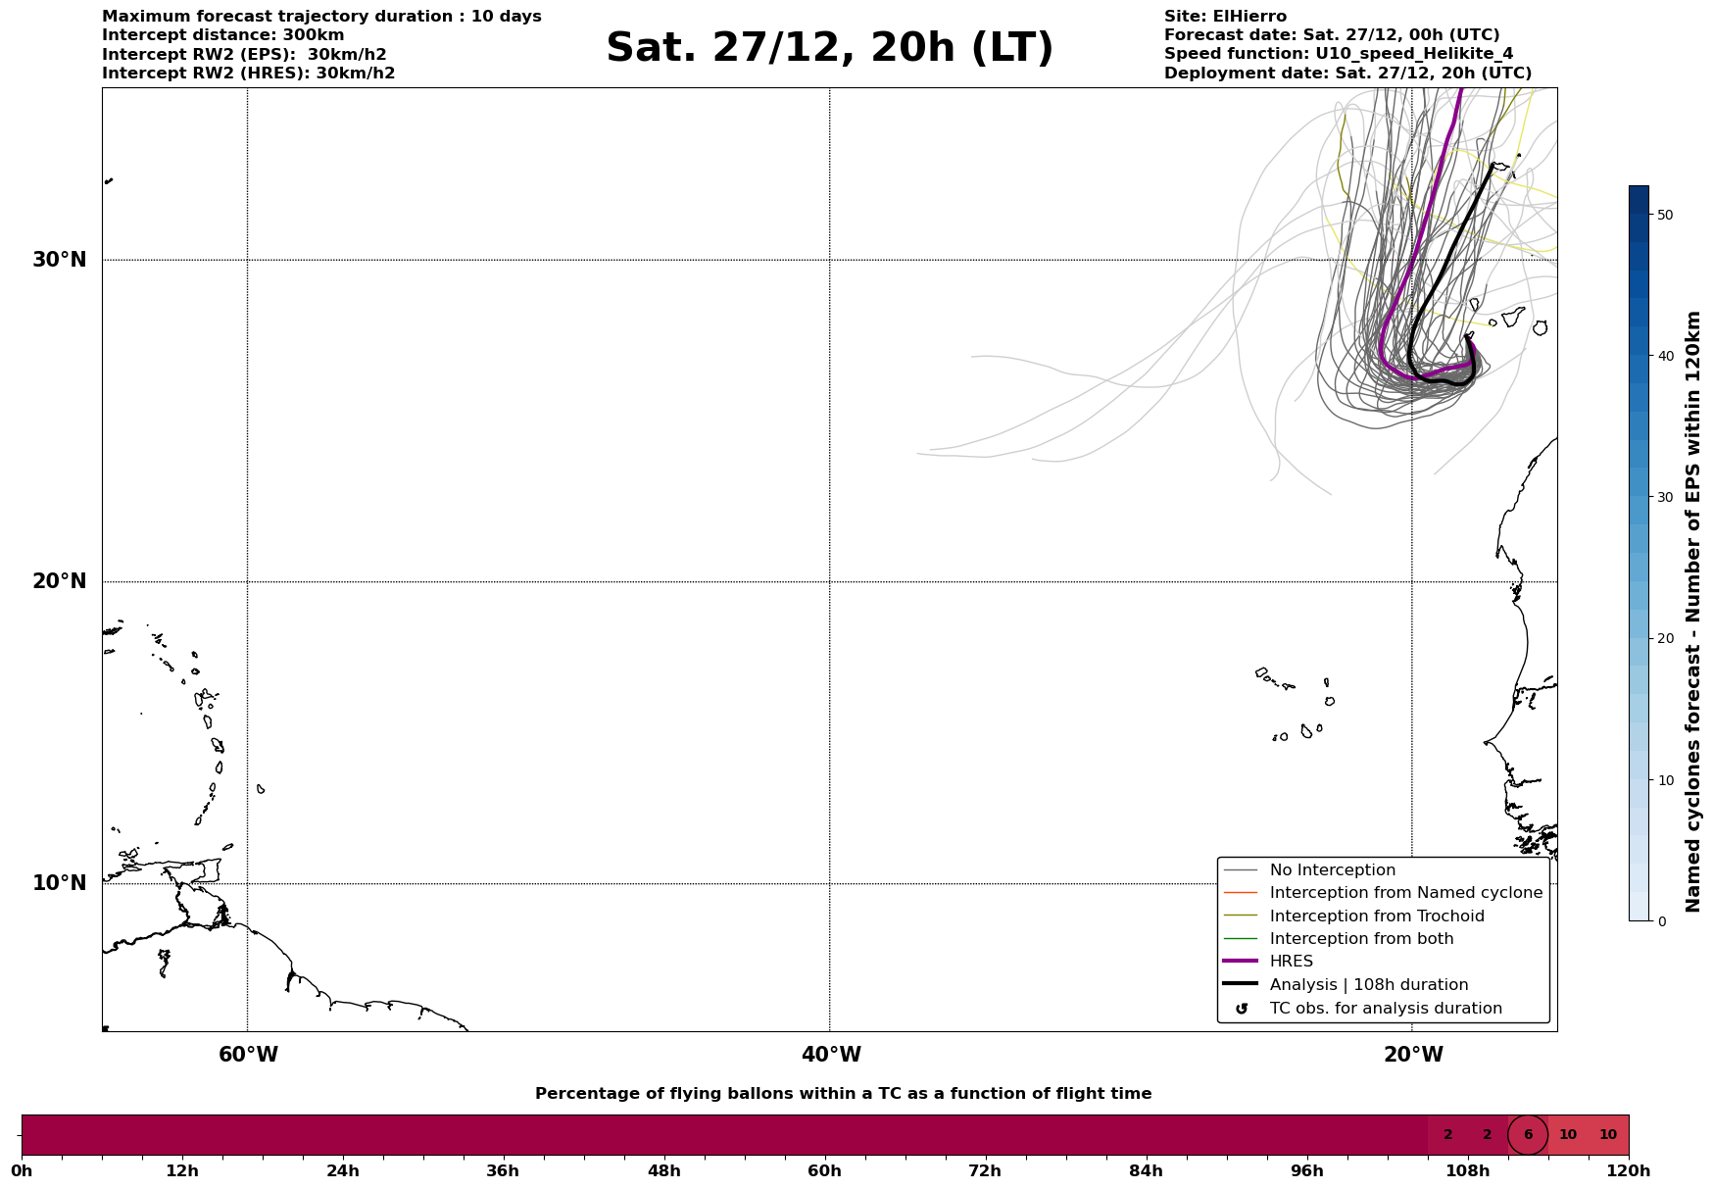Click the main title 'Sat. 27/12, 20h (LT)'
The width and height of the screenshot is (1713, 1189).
pos(829,48)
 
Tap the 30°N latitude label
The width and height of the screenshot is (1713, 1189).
pos(59,260)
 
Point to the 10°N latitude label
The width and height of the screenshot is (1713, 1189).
pos(59,883)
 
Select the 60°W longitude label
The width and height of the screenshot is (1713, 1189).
pos(248,1055)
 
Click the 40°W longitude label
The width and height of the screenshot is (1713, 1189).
pos(831,1055)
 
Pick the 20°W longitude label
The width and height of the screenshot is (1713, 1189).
pos(1413,1055)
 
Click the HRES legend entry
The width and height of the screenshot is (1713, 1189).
pos(1291,962)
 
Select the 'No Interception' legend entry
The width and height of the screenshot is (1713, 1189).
pos(1332,870)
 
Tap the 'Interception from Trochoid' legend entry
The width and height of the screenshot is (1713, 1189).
pos(1376,917)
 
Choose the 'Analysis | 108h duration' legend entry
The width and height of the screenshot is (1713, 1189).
pos(1368,985)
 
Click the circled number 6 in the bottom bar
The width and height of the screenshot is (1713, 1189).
pos(1528,1135)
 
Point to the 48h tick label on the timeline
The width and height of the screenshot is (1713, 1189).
pos(663,1171)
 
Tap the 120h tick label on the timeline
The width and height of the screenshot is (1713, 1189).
pos(1629,1171)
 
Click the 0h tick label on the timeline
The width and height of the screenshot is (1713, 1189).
pos(22,1171)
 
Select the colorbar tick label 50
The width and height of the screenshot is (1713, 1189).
pos(1664,215)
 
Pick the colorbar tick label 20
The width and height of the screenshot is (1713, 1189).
pos(1664,639)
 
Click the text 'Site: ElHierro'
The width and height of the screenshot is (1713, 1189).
pos(1225,17)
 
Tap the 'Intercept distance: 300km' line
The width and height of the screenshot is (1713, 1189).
pos(222,35)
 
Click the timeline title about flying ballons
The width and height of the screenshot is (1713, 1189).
pos(843,1094)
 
